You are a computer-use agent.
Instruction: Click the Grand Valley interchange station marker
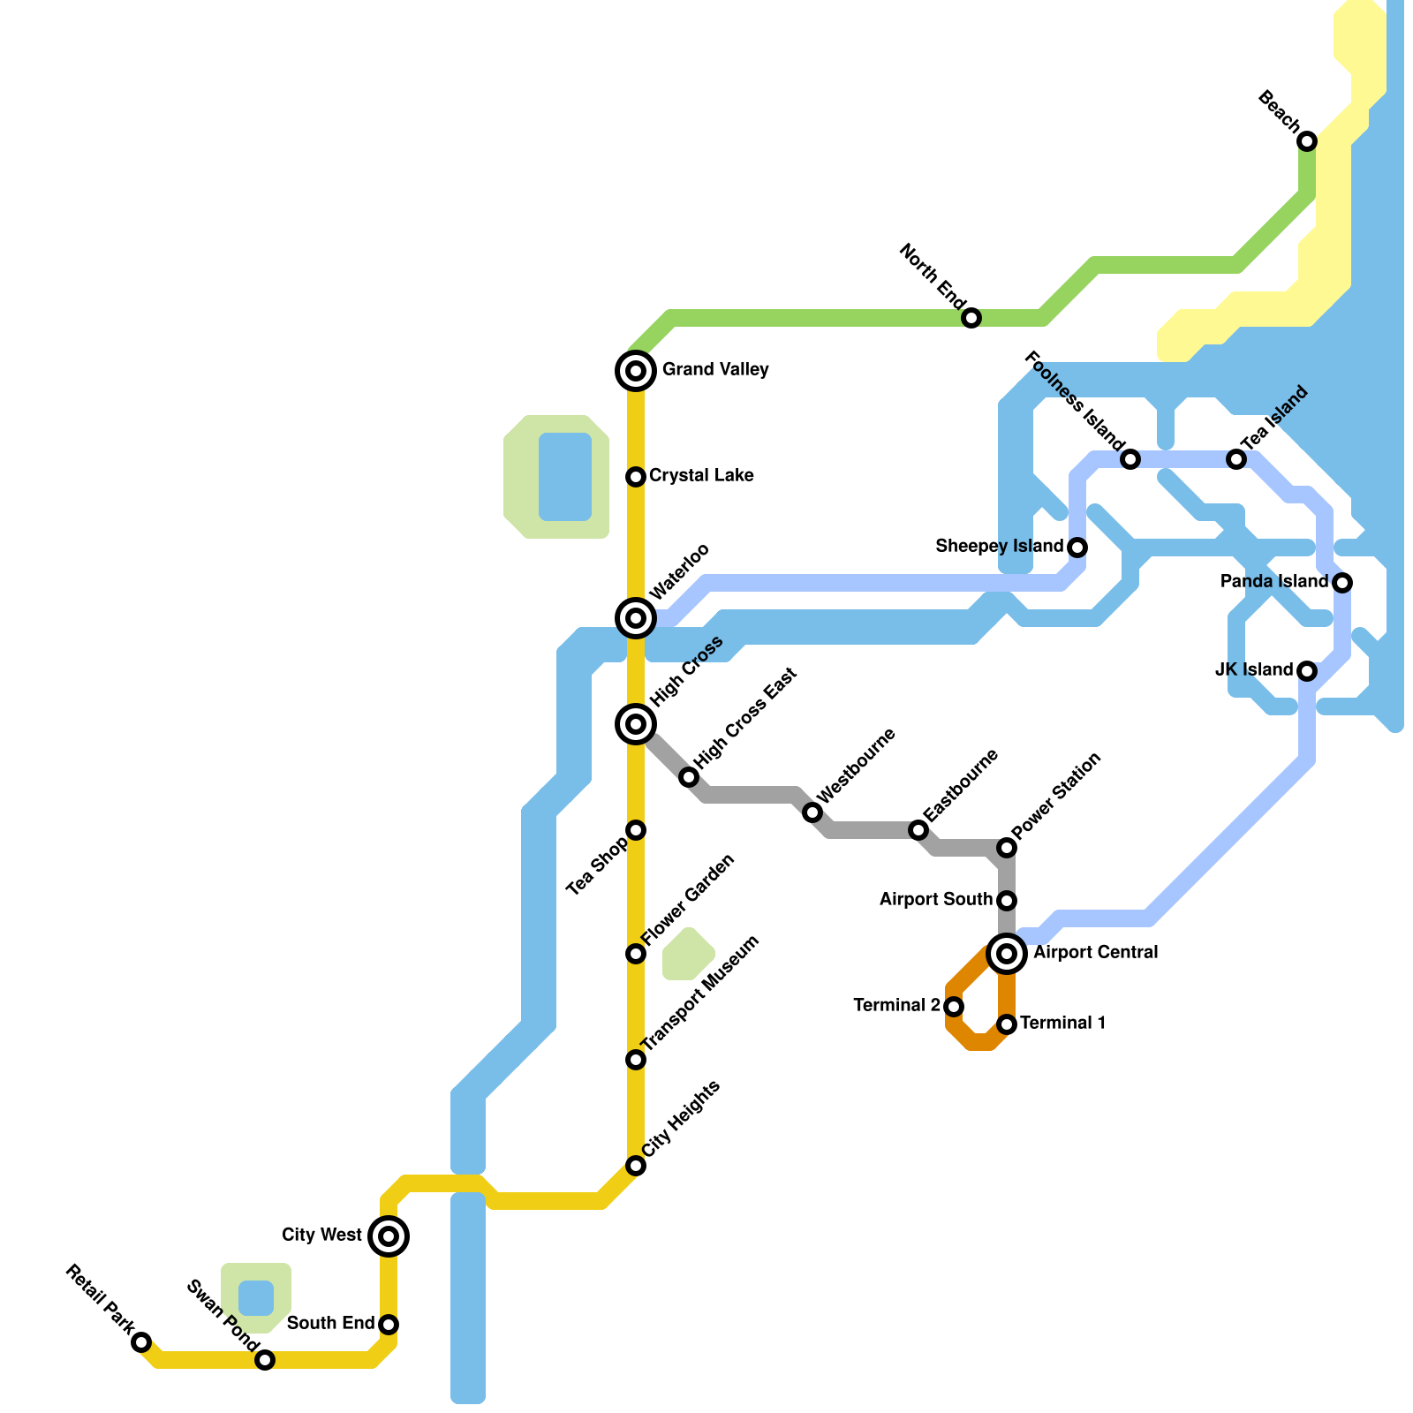click(636, 371)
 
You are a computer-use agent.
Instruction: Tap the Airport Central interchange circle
click(1007, 954)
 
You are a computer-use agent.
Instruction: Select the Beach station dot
click(1307, 141)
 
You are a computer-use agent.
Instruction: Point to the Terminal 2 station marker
click(954, 1007)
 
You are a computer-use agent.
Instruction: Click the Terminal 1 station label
click(1063, 1024)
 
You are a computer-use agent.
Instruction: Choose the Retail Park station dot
click(141, 1342)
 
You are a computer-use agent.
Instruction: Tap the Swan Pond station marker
click(265, 1360)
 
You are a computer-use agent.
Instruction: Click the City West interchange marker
click(389, 1236)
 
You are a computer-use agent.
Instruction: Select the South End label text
click(331, 1324)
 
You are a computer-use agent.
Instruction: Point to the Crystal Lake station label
click(701, 476)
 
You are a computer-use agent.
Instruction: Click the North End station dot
click(971, 318)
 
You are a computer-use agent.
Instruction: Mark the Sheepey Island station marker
click(1077, 548)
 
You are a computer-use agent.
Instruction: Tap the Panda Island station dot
click(1342, 583)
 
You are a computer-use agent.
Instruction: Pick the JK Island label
click(1254, 670)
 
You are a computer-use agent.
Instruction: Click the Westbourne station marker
click(812, 812)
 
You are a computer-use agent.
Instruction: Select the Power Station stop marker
click(1007, 848)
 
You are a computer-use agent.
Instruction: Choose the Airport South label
click(936, 900)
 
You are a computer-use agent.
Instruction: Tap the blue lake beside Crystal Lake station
click(565, 477)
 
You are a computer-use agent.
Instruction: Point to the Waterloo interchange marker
click(636, 618)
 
